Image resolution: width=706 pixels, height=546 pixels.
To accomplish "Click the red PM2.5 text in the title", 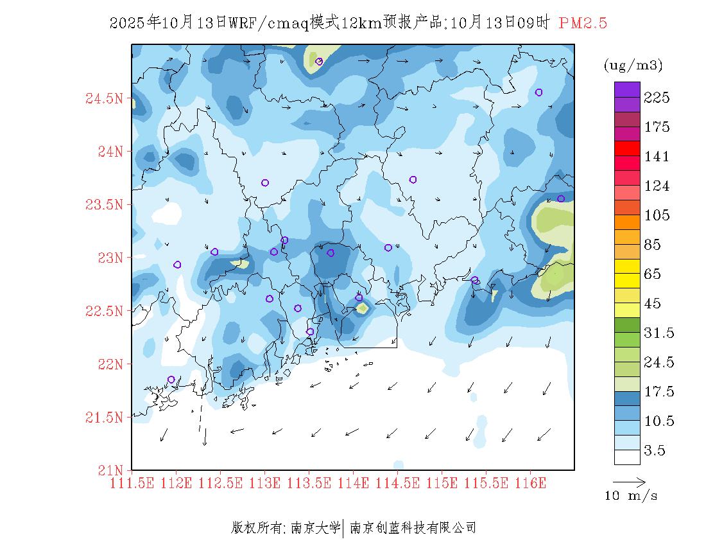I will pyautogui.click(x=583, y=24).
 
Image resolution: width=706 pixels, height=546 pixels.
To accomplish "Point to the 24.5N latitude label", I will pyautogui.click(x=103, y=99).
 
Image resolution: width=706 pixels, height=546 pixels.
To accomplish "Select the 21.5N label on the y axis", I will pyautogui.click(x=103, y=418).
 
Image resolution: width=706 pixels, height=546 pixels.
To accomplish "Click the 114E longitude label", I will pyautogui.click(x=353, y=482).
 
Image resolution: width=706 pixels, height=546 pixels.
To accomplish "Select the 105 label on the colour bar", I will pyautogui.click(x=657, y=215).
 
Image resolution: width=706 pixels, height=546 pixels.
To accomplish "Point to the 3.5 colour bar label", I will pyautogui.click(x=654, y=450).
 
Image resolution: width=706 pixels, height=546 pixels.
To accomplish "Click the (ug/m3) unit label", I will pyautogui.click(x=633, y=66).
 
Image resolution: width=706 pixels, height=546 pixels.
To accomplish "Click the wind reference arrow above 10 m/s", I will pyautogui.click(x=629, y=481).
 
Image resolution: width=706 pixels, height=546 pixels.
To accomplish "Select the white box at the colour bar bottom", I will pyautogui.click(x=627, y=457).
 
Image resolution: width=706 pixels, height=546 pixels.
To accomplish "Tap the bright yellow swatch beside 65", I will pyautogui.click(x=627, y=265).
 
